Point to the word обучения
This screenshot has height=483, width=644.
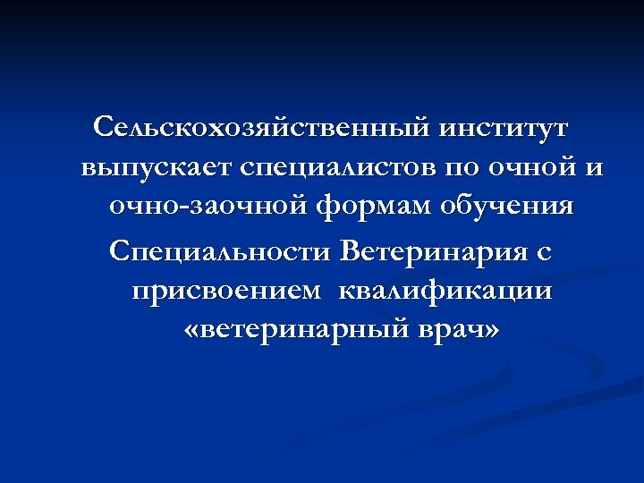(x=507, y=208)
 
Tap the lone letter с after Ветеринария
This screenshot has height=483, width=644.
(x=545, y=251)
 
